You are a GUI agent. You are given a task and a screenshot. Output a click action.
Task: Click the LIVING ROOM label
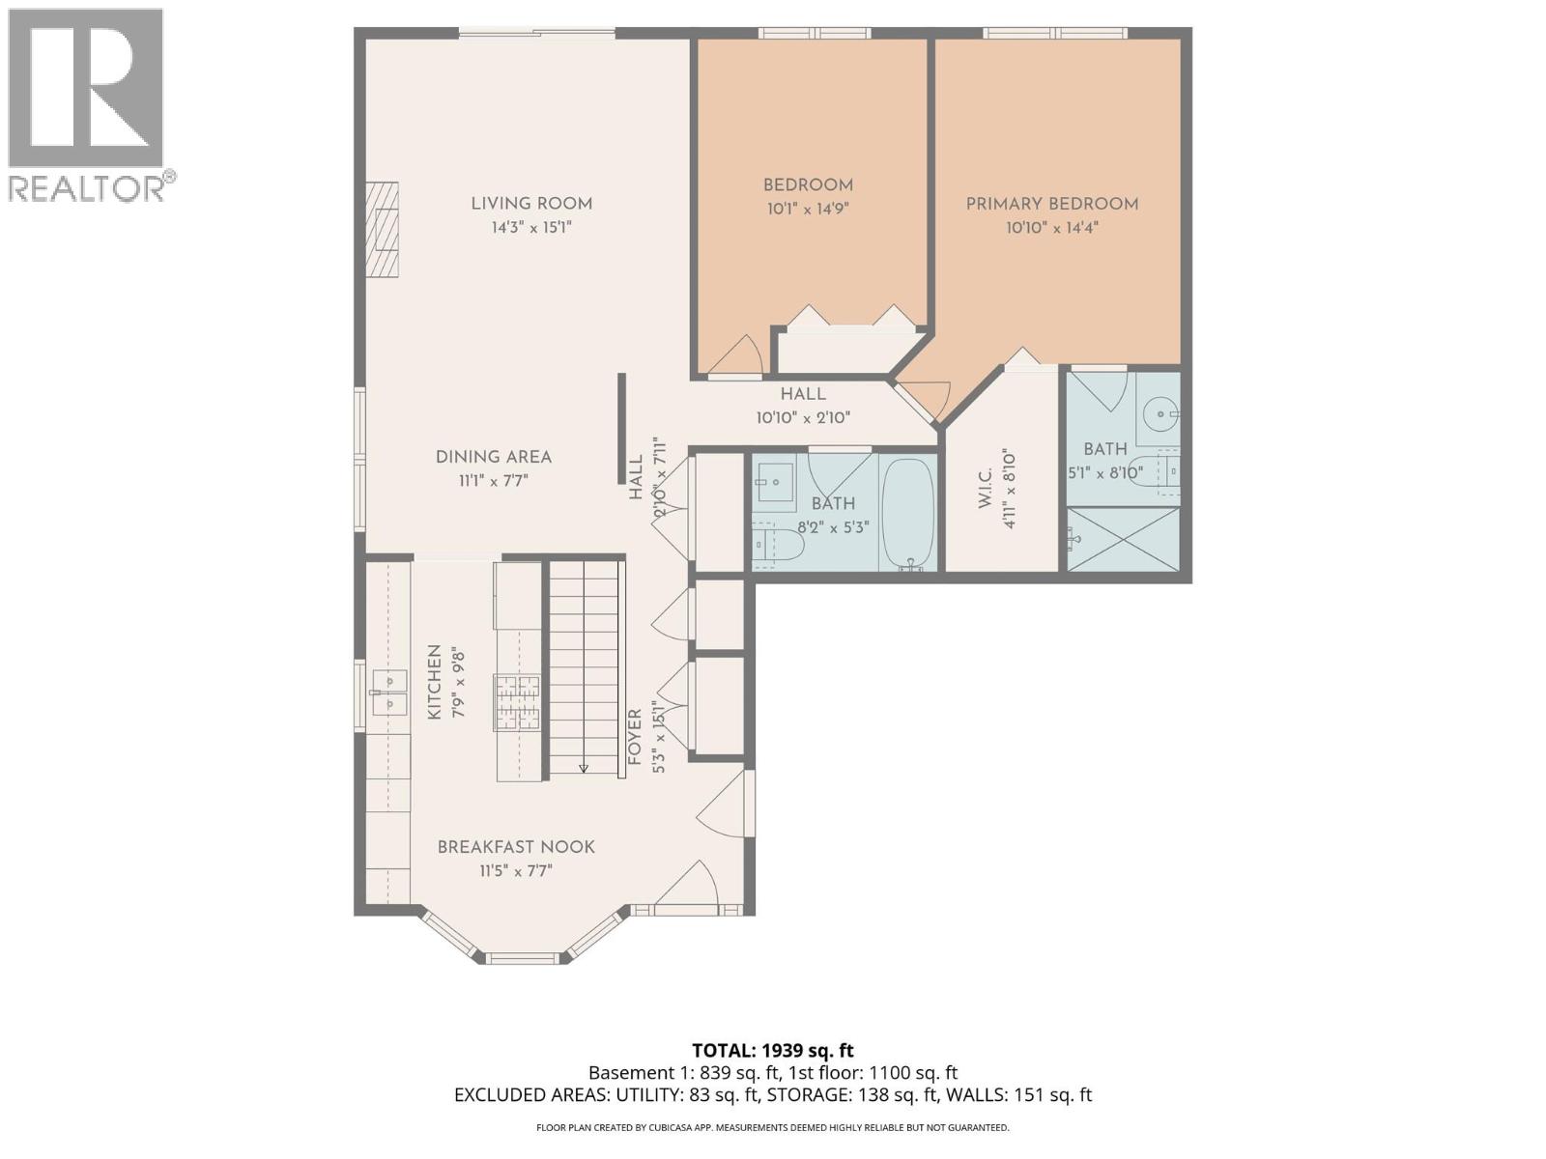531,204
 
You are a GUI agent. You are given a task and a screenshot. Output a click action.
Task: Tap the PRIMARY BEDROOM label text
1052,204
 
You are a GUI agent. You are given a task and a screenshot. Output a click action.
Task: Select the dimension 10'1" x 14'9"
808,209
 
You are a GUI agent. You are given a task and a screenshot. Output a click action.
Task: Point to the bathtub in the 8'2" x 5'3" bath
908,513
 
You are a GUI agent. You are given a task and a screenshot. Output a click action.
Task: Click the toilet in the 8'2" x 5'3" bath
779,545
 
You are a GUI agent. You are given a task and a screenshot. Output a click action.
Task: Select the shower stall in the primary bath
1124,538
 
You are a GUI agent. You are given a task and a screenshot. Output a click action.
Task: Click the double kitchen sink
389,692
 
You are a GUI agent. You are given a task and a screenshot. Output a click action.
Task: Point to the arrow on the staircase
584,767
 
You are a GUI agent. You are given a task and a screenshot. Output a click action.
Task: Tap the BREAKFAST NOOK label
516,847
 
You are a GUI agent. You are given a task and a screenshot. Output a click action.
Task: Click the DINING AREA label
494,458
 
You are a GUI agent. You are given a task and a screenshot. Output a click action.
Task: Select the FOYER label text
635,736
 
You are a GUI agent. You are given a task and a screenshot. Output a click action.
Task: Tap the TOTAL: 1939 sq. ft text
773,1050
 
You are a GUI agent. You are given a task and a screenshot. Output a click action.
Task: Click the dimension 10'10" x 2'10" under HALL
803,418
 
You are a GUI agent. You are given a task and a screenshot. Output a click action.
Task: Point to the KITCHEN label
435,682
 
